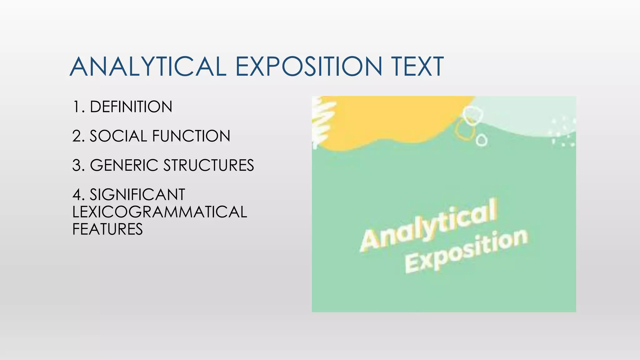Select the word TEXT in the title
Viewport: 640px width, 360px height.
click(x=417, y=67)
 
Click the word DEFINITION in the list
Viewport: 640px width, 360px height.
click(x=131, y=107)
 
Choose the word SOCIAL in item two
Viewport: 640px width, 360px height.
click(x=118, y=136)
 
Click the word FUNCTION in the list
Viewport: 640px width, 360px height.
click(x=191, y=136)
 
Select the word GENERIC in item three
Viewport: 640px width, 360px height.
click(x=124, y=165)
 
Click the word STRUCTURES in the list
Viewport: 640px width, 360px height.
click(x=208, y=165)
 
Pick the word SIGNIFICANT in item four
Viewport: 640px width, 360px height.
click(x=137, y=195)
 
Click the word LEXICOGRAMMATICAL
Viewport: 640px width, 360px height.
click(x=160, y=212)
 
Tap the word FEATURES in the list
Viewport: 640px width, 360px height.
click(x=107, y=229)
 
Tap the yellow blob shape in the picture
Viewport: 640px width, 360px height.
click(x=391, y=122)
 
